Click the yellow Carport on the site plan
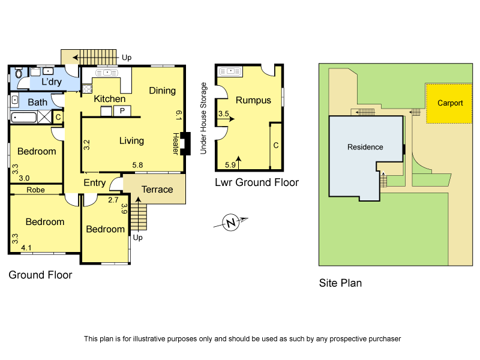click(449, 103)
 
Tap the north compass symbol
click(230, 224)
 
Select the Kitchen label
click(109, 98)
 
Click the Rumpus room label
click(253, 100)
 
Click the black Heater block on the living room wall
click(184, 143)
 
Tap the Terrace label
click(157, 190)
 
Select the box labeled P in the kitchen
click(122, 111)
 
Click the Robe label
click(35, 190)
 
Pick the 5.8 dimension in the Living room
click(137, 165)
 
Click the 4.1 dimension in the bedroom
click(26, 247)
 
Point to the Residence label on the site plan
click(365, 147)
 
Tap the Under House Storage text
click(203, 118)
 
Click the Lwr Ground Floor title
click(256, 182)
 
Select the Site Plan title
click(340, 283)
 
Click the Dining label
click(162, 91)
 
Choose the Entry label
click(94, 183)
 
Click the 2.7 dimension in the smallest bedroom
click(113, 200)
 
